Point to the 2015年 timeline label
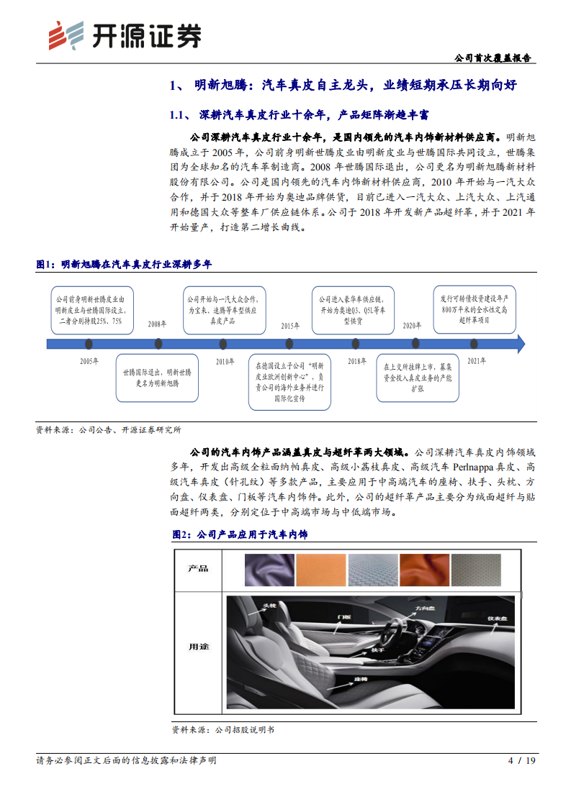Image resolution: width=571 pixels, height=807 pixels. (x=290, y=325)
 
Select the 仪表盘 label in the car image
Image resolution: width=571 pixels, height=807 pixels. (x=497, y=618)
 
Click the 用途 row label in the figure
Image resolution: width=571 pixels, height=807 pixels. (x=198, y=647)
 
